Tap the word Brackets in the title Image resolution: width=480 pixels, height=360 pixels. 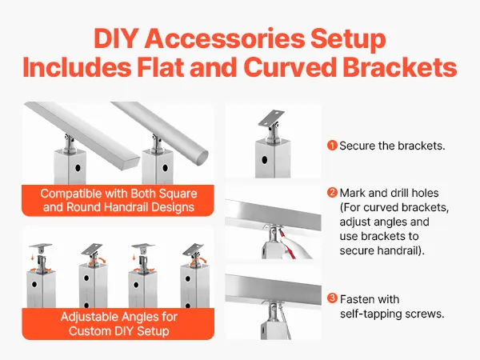click(400, 67)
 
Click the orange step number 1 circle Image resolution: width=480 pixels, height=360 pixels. click(332, 146)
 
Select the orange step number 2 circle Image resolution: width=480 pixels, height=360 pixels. click(332, 193)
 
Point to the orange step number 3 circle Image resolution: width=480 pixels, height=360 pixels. click(332, 298)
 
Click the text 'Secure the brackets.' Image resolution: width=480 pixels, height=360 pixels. click(392, 146)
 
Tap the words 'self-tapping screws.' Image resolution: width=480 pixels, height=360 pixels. click(392, 314)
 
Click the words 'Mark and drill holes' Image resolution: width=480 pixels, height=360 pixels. click(389, 193)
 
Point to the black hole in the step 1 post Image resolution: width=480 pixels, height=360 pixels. click(265, 160)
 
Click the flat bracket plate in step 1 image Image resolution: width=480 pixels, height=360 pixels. click(271, 118)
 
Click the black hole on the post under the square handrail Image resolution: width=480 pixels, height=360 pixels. click(78, 168)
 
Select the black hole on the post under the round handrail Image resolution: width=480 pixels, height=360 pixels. click(166, 168)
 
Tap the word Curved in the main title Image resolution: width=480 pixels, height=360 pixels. click(290, 67)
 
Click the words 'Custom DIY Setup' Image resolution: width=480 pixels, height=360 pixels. click(118, 331)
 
